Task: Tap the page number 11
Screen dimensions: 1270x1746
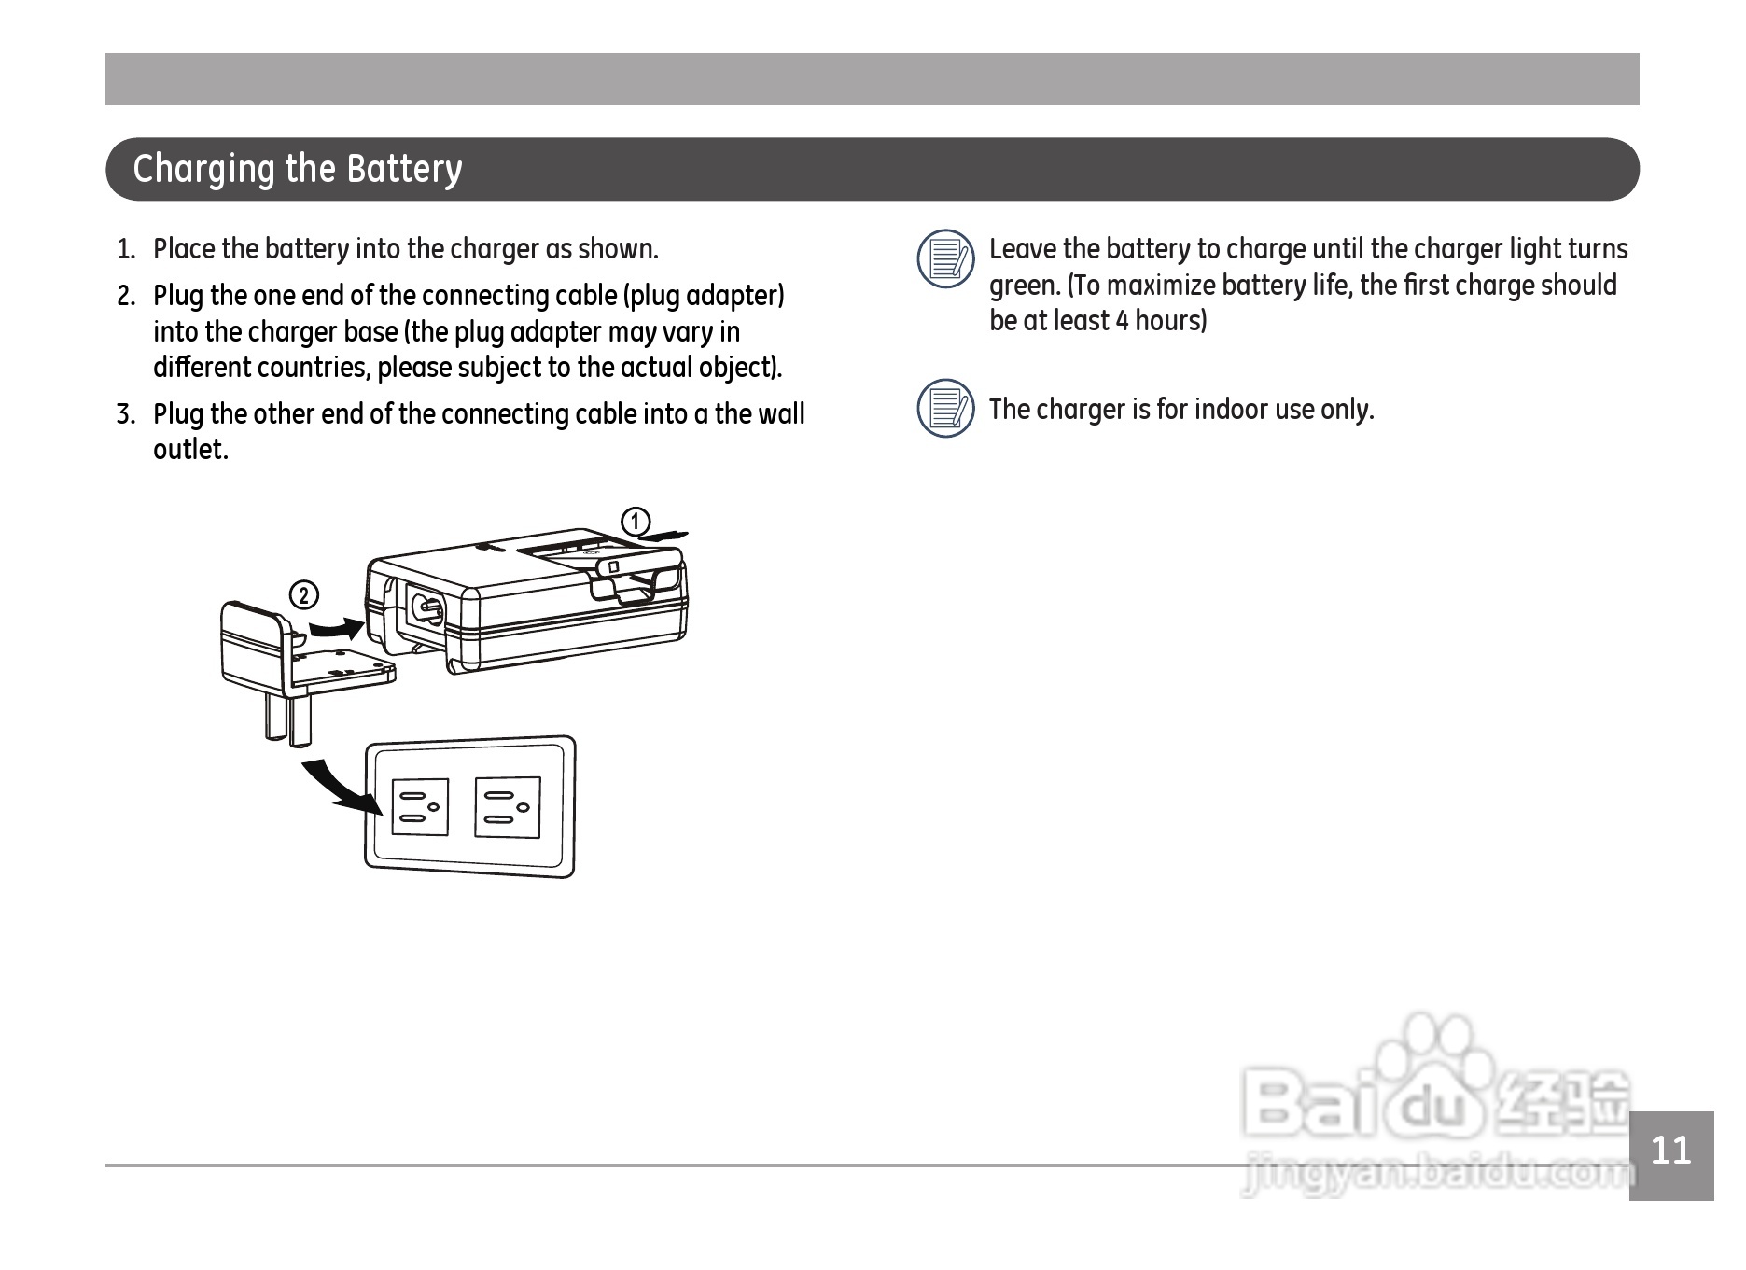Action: pos(1670,1151)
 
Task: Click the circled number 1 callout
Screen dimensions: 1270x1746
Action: pos(636,522)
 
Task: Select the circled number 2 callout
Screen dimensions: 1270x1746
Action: pos(304,594)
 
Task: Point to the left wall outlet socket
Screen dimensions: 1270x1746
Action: pos(419,807)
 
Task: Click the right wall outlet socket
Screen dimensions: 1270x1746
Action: pos(508,807)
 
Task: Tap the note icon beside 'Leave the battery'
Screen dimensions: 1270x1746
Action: pos(945,258)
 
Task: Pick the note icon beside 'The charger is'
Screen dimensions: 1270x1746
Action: pos(945,408)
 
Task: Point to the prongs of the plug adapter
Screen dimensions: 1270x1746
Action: pos(286,719)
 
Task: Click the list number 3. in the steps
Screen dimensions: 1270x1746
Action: pos(127,414)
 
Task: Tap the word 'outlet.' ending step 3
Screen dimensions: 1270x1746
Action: pos(190,450)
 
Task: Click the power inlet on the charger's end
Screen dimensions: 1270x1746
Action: pos(427,608)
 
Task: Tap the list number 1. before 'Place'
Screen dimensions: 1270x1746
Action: pos(127,250)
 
